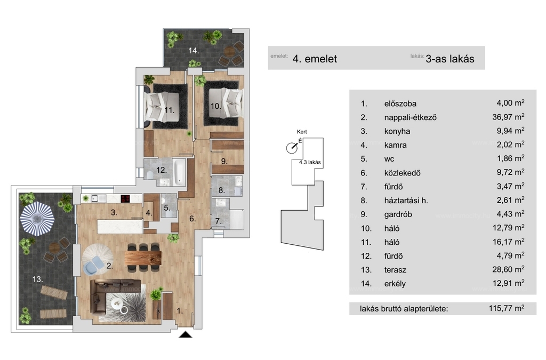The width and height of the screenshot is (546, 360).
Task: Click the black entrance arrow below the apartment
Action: pos(186,334)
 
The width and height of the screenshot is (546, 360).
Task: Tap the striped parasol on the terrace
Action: pos(37,219)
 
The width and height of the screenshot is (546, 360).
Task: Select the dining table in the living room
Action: pos(143,258)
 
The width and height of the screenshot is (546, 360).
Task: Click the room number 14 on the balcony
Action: pos(194,51)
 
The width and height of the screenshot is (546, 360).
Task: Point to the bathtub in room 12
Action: pos(180,171)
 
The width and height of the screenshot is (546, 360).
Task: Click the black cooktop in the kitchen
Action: pos(125,198)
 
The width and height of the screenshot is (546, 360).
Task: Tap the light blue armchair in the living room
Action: pos(93,264)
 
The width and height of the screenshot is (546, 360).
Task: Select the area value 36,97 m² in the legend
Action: pos(508,117)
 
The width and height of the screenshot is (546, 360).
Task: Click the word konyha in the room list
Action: pos(397,131)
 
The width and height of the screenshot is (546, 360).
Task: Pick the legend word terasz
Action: pos(395,270)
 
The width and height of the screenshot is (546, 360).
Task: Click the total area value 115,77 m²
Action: pos(507,308)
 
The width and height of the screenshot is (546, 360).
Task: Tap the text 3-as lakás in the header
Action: pos(450,59)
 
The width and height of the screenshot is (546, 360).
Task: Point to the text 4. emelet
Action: pos(315,59)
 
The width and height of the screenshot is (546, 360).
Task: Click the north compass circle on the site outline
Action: pos(292,148)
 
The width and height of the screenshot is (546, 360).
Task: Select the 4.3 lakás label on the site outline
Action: pos(310,162)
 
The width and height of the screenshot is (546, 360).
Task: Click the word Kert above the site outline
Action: pos(302,132)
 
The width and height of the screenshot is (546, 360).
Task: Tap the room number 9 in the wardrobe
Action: pos(224,162)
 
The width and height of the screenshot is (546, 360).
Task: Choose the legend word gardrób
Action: pos(398,214)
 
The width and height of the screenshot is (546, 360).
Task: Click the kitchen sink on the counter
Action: pos(94,198)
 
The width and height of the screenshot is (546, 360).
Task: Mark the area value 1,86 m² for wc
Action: pos(510,158)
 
